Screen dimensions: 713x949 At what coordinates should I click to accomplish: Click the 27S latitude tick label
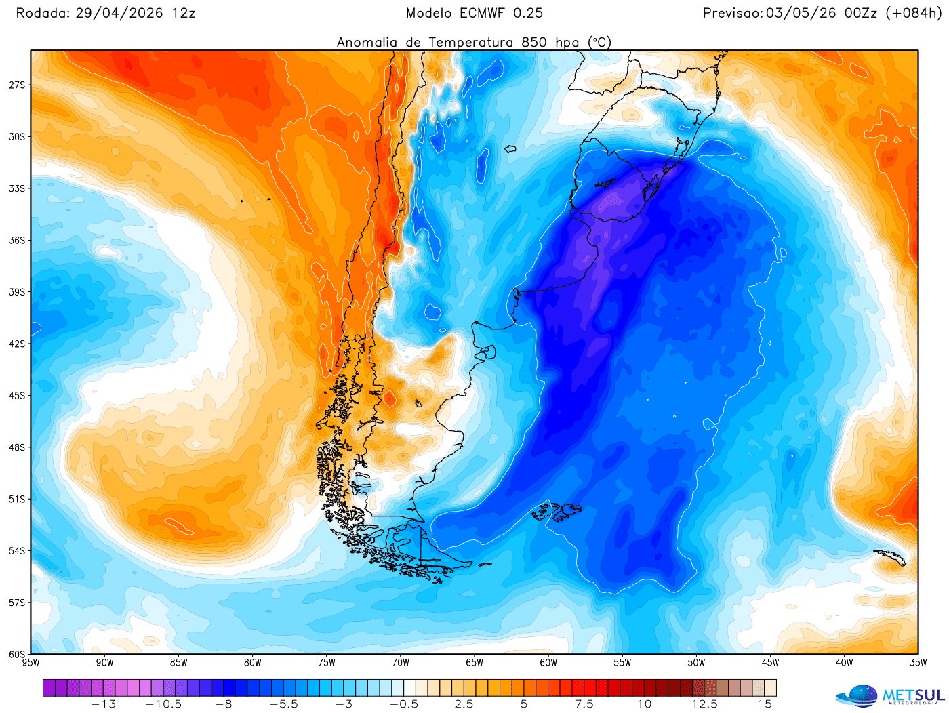coord(17,85)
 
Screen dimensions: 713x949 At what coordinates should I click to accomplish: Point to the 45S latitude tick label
coord(17,395)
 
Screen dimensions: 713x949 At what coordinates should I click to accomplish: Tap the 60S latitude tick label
coord(17,654)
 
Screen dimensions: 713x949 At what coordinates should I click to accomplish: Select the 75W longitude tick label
coord(326,663)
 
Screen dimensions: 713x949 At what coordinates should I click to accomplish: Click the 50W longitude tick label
coord(696,663)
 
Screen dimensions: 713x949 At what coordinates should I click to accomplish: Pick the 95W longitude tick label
coord(31,663)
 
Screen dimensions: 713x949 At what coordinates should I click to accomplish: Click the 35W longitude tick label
coord(918,663)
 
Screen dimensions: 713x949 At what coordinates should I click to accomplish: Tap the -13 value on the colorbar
coord(103,704)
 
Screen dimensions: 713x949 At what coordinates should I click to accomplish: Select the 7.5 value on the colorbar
coord(584,704)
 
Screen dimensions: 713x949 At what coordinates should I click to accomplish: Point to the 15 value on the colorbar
coord(765,704)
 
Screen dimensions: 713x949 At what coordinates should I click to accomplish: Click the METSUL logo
coord(890,696)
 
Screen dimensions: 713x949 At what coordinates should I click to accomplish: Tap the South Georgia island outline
coord(890,557)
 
